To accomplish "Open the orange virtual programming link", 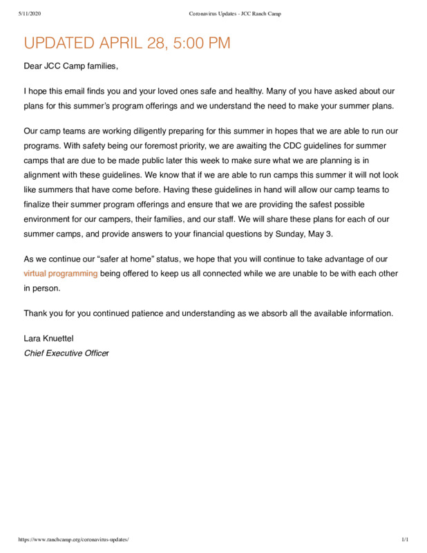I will [61, 274].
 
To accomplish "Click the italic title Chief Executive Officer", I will [66, 353].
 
